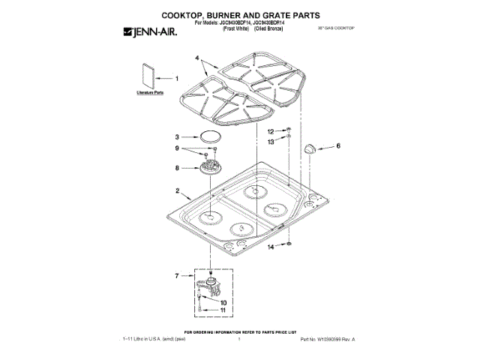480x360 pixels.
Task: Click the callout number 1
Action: (178, 78)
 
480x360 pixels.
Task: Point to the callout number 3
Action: (178, 137)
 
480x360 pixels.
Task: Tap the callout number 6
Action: (337, 146)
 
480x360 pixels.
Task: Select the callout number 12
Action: (271, 131)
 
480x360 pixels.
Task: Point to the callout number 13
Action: (271, 141)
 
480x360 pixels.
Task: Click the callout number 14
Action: (271, 247)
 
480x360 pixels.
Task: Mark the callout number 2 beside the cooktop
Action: (178, 191)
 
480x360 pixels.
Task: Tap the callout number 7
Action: (178, 277)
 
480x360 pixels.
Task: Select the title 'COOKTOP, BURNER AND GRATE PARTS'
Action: (240, 14)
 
